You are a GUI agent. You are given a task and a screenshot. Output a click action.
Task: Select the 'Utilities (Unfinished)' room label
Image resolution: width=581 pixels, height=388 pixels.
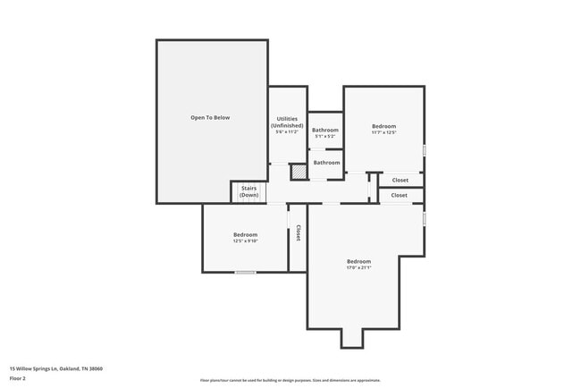click(x=287, y=122)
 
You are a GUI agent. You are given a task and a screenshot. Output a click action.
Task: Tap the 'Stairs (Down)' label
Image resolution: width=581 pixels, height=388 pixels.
click(x=249, y=191)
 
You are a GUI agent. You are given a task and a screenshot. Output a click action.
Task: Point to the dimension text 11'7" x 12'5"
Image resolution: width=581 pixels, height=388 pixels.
click(x=384, y=133)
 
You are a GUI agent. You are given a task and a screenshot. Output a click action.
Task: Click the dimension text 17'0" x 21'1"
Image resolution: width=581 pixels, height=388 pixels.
click(x=358, y=267)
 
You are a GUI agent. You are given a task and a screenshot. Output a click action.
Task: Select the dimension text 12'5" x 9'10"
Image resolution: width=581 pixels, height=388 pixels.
click(x=245, y=240)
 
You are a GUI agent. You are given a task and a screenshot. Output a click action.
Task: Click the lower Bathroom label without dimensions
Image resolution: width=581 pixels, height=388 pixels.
click(x=326, y=163)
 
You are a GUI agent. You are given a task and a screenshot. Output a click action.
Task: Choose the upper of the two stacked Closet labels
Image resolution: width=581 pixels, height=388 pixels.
click(x=400, y=180)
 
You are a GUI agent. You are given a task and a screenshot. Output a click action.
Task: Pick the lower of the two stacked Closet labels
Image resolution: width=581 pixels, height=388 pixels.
click(x=400, y=195)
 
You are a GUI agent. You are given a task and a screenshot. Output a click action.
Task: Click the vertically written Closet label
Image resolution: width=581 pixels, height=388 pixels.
click(x=298, y=232)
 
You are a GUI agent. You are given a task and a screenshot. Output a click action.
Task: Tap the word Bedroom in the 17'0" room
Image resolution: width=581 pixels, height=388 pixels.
click(x=358, y=261)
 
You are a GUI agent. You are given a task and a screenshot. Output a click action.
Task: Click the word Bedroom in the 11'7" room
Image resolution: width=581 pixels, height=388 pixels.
click(x=384, y=126)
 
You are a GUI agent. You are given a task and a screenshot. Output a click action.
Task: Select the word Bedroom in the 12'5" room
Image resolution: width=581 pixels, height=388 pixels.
click(x=245, y=234)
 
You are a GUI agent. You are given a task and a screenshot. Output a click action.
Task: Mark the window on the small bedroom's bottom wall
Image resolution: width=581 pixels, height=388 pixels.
click(x=245, y=272)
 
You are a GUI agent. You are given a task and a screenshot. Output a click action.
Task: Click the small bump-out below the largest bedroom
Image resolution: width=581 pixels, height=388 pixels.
click(x=352, y=337)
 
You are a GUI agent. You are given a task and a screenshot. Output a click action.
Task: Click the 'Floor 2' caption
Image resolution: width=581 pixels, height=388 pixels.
click(x=19, y=378)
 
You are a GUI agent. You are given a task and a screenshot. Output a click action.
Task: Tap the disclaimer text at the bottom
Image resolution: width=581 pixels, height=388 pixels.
click(x=290, y=380)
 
